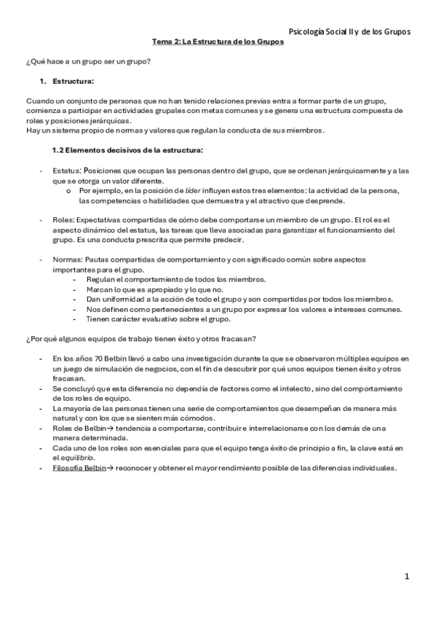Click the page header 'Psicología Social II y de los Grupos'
tap(349, 31)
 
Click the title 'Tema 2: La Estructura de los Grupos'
tap(218, 42)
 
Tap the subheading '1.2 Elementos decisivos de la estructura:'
tap(128, 150)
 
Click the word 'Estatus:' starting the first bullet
tap(68, 171)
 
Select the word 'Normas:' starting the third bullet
tap(68, 259)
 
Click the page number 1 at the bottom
tap(408, 576)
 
